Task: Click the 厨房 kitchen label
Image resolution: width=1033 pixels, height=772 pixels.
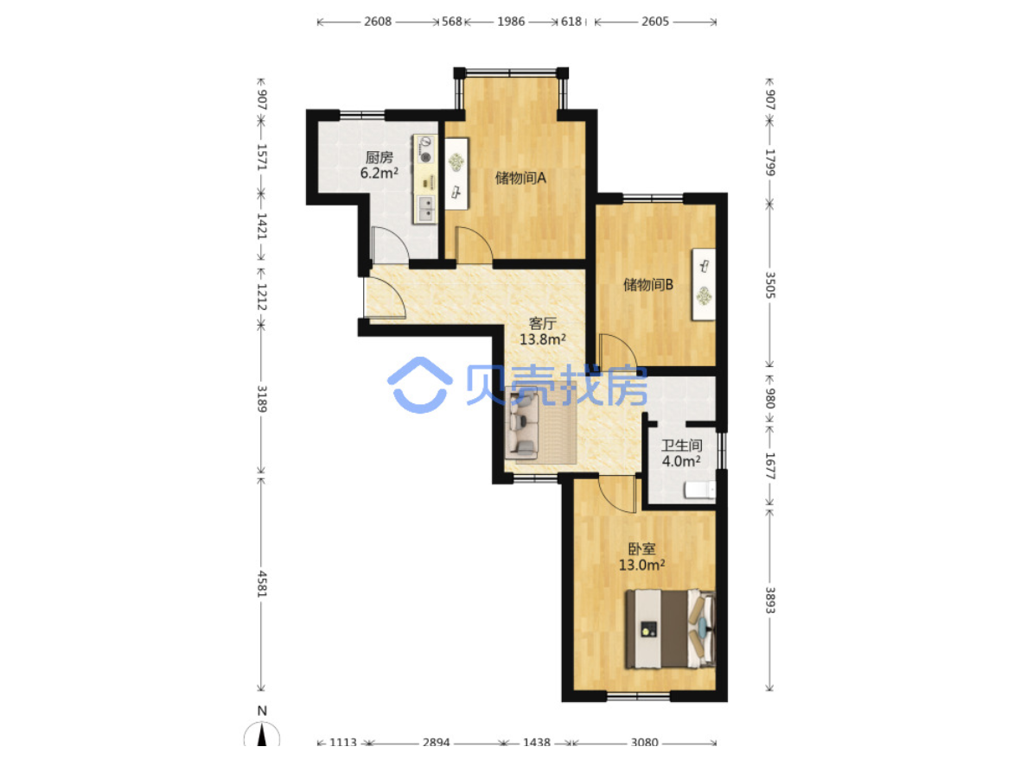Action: tap(379, 157)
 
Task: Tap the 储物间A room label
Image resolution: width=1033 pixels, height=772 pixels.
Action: tap(520, 178)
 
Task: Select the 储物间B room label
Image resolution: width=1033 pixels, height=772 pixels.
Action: tap(648, 284)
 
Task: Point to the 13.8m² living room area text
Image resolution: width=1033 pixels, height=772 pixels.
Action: tap(543, 339)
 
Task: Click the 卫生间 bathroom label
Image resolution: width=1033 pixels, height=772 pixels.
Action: tap(681, 446)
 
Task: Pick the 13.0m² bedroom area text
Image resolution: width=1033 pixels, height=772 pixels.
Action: tap(641, 565)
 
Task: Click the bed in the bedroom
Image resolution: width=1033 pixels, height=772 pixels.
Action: tap(670, 629)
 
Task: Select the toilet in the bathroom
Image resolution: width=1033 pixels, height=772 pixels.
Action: tap(699, 490)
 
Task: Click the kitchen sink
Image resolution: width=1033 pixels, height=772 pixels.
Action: tap(425, 209)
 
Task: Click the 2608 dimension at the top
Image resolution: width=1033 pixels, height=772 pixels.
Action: tap(378, 21)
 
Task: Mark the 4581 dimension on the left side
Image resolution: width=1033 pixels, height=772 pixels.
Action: tap(262, 584)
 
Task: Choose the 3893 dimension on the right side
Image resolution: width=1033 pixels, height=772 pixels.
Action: tap(770, 600)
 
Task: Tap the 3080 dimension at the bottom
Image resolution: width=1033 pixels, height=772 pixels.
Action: tap(644, 743)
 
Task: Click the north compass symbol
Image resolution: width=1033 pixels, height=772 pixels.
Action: tap(262, 732)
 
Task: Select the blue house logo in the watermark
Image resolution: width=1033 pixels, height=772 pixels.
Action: tap(419, 385)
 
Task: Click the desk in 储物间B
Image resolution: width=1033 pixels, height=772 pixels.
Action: tap(704, 284)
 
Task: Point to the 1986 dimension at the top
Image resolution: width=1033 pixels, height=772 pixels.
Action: tap(511, 21)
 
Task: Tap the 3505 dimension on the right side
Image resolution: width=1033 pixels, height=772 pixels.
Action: tap(770, 285)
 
